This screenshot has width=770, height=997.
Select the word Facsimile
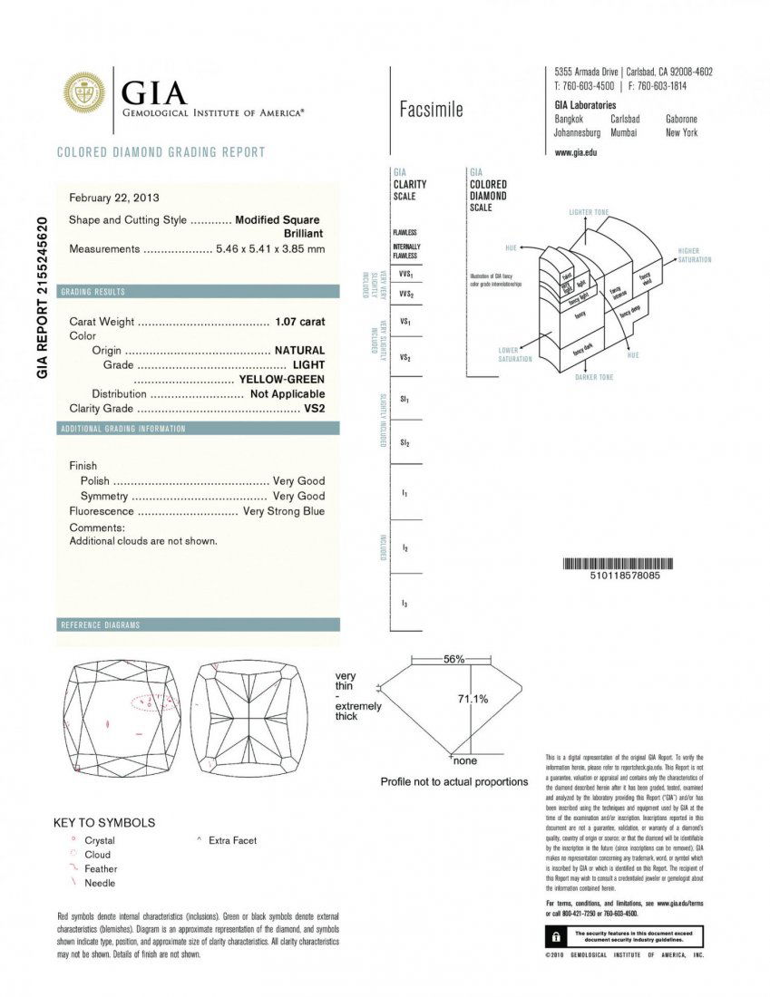(431, 110)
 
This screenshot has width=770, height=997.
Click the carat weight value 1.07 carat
(299, 322)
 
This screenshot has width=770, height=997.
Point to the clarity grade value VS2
(315, 409)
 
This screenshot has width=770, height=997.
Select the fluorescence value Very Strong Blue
(284, 511)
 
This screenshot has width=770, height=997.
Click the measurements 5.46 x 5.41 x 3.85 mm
(270, 249)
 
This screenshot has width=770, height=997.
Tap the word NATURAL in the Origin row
(299, 350)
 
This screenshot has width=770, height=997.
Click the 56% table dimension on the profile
(453, 659)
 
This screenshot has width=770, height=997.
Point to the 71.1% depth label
(472, 699)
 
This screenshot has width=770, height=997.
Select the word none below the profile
(464, 760)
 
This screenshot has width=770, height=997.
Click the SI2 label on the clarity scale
(405, 442)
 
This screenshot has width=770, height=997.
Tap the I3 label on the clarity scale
(404, 603)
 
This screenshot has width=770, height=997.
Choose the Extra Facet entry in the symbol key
(232, 840)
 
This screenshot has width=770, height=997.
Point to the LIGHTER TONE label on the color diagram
(589, 212)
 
